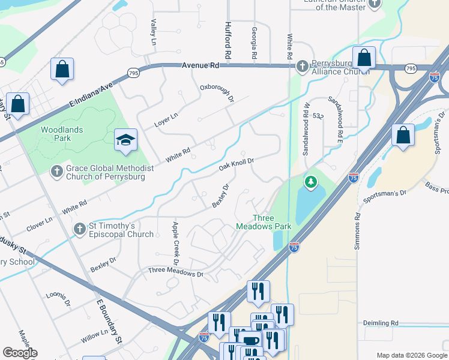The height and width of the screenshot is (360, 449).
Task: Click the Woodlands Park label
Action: pyautogui.click(x=62, y=134)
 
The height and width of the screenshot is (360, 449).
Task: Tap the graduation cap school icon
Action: pyautogui.click(x=126, y=140)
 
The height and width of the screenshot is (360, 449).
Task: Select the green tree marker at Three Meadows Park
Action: pyautogui.click(x=310, y=181)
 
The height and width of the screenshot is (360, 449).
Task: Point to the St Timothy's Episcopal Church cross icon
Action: pyautogui.click(x=79, y=229)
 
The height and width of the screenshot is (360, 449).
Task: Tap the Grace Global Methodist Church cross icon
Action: pyautogui.click(x=56, y=172)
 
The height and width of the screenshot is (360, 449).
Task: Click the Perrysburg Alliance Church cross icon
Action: pyautogui.click(x=303, y=65)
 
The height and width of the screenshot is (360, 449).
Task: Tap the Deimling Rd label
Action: pyautogui.click(x=381, y=323)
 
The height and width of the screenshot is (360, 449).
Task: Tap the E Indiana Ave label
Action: pyautogui.click(x=91, y=95)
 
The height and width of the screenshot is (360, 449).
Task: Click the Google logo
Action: pyautogui.click(x=20, y=353)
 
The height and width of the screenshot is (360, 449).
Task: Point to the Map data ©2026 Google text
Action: pyautogui.click(x=411, y=355)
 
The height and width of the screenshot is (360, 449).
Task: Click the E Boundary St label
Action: pyautogui.click(x=110, y=322)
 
